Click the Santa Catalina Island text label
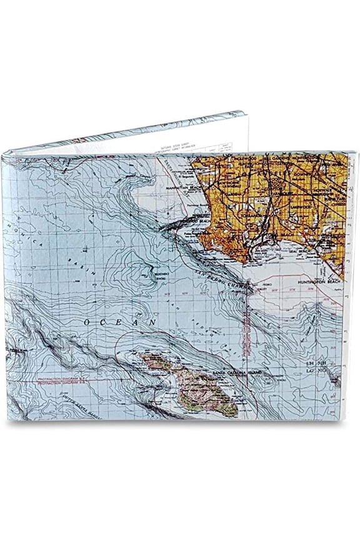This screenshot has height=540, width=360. point(236,374)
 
